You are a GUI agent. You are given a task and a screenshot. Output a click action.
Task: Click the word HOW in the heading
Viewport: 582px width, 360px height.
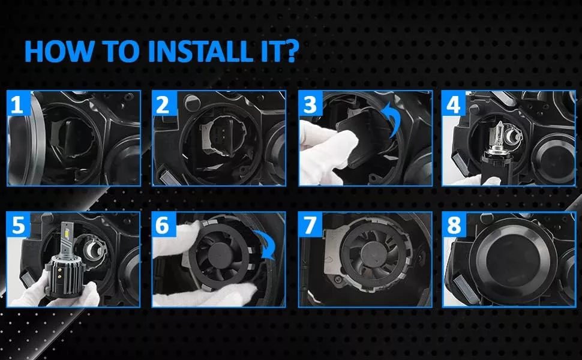pos(59,51)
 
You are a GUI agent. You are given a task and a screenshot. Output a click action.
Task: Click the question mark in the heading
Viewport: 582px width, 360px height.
pos(292,51)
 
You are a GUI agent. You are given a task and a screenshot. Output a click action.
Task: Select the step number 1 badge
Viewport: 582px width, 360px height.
pos(17,104)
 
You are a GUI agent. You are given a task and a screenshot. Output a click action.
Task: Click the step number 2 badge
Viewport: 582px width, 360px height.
pos(163,104)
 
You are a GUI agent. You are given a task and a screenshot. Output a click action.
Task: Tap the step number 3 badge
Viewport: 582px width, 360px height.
pos(310,104)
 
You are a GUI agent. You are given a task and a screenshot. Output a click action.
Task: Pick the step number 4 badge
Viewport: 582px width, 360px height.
pos(453,104)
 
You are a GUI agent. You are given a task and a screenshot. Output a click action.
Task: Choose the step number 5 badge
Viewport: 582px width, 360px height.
pos(18,225)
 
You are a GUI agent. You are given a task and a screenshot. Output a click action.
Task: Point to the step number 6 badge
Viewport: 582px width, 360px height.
pos(163,225)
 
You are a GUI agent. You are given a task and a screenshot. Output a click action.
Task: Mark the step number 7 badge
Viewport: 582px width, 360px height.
pos(310,225)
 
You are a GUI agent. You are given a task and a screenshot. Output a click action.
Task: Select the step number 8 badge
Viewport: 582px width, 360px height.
pos(454,225)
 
